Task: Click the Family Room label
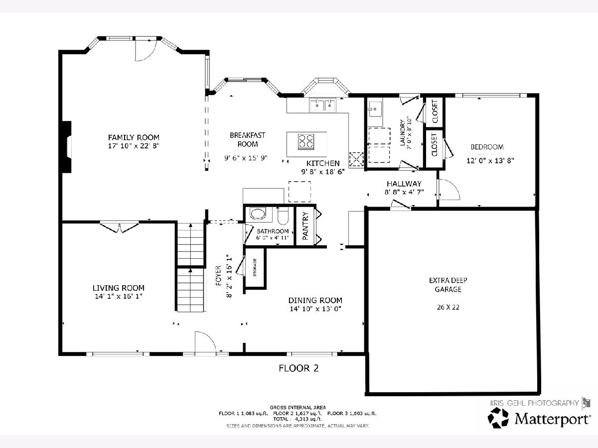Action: click(x=134, y=137)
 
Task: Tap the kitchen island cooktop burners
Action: click(x=305, y=141)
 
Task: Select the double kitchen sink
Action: click(x=322, y=105)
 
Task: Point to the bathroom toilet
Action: click(x=283, y=216)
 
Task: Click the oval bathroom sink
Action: click(x=258, y=214)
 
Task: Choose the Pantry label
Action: click(x=305, y=226)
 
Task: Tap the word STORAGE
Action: click(x=255, y=267)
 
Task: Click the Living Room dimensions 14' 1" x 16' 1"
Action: click(x=119, y=296)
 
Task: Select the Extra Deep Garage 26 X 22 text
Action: click(x=448, y=307)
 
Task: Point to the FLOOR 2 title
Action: click(x=299, y=368)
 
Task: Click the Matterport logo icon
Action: click(x=498, y=418)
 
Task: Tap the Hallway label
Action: click(x=404, y=184)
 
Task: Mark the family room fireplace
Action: click(x=67, y=147)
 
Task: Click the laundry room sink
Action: click(x=375, y=109)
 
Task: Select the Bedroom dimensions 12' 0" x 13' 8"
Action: click(x=490, y=160)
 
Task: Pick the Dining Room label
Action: click(x=315, y=300)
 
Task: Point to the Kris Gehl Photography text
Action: click(x=535, y=403)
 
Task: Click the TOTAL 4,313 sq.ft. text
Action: click(x=298, y=419)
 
